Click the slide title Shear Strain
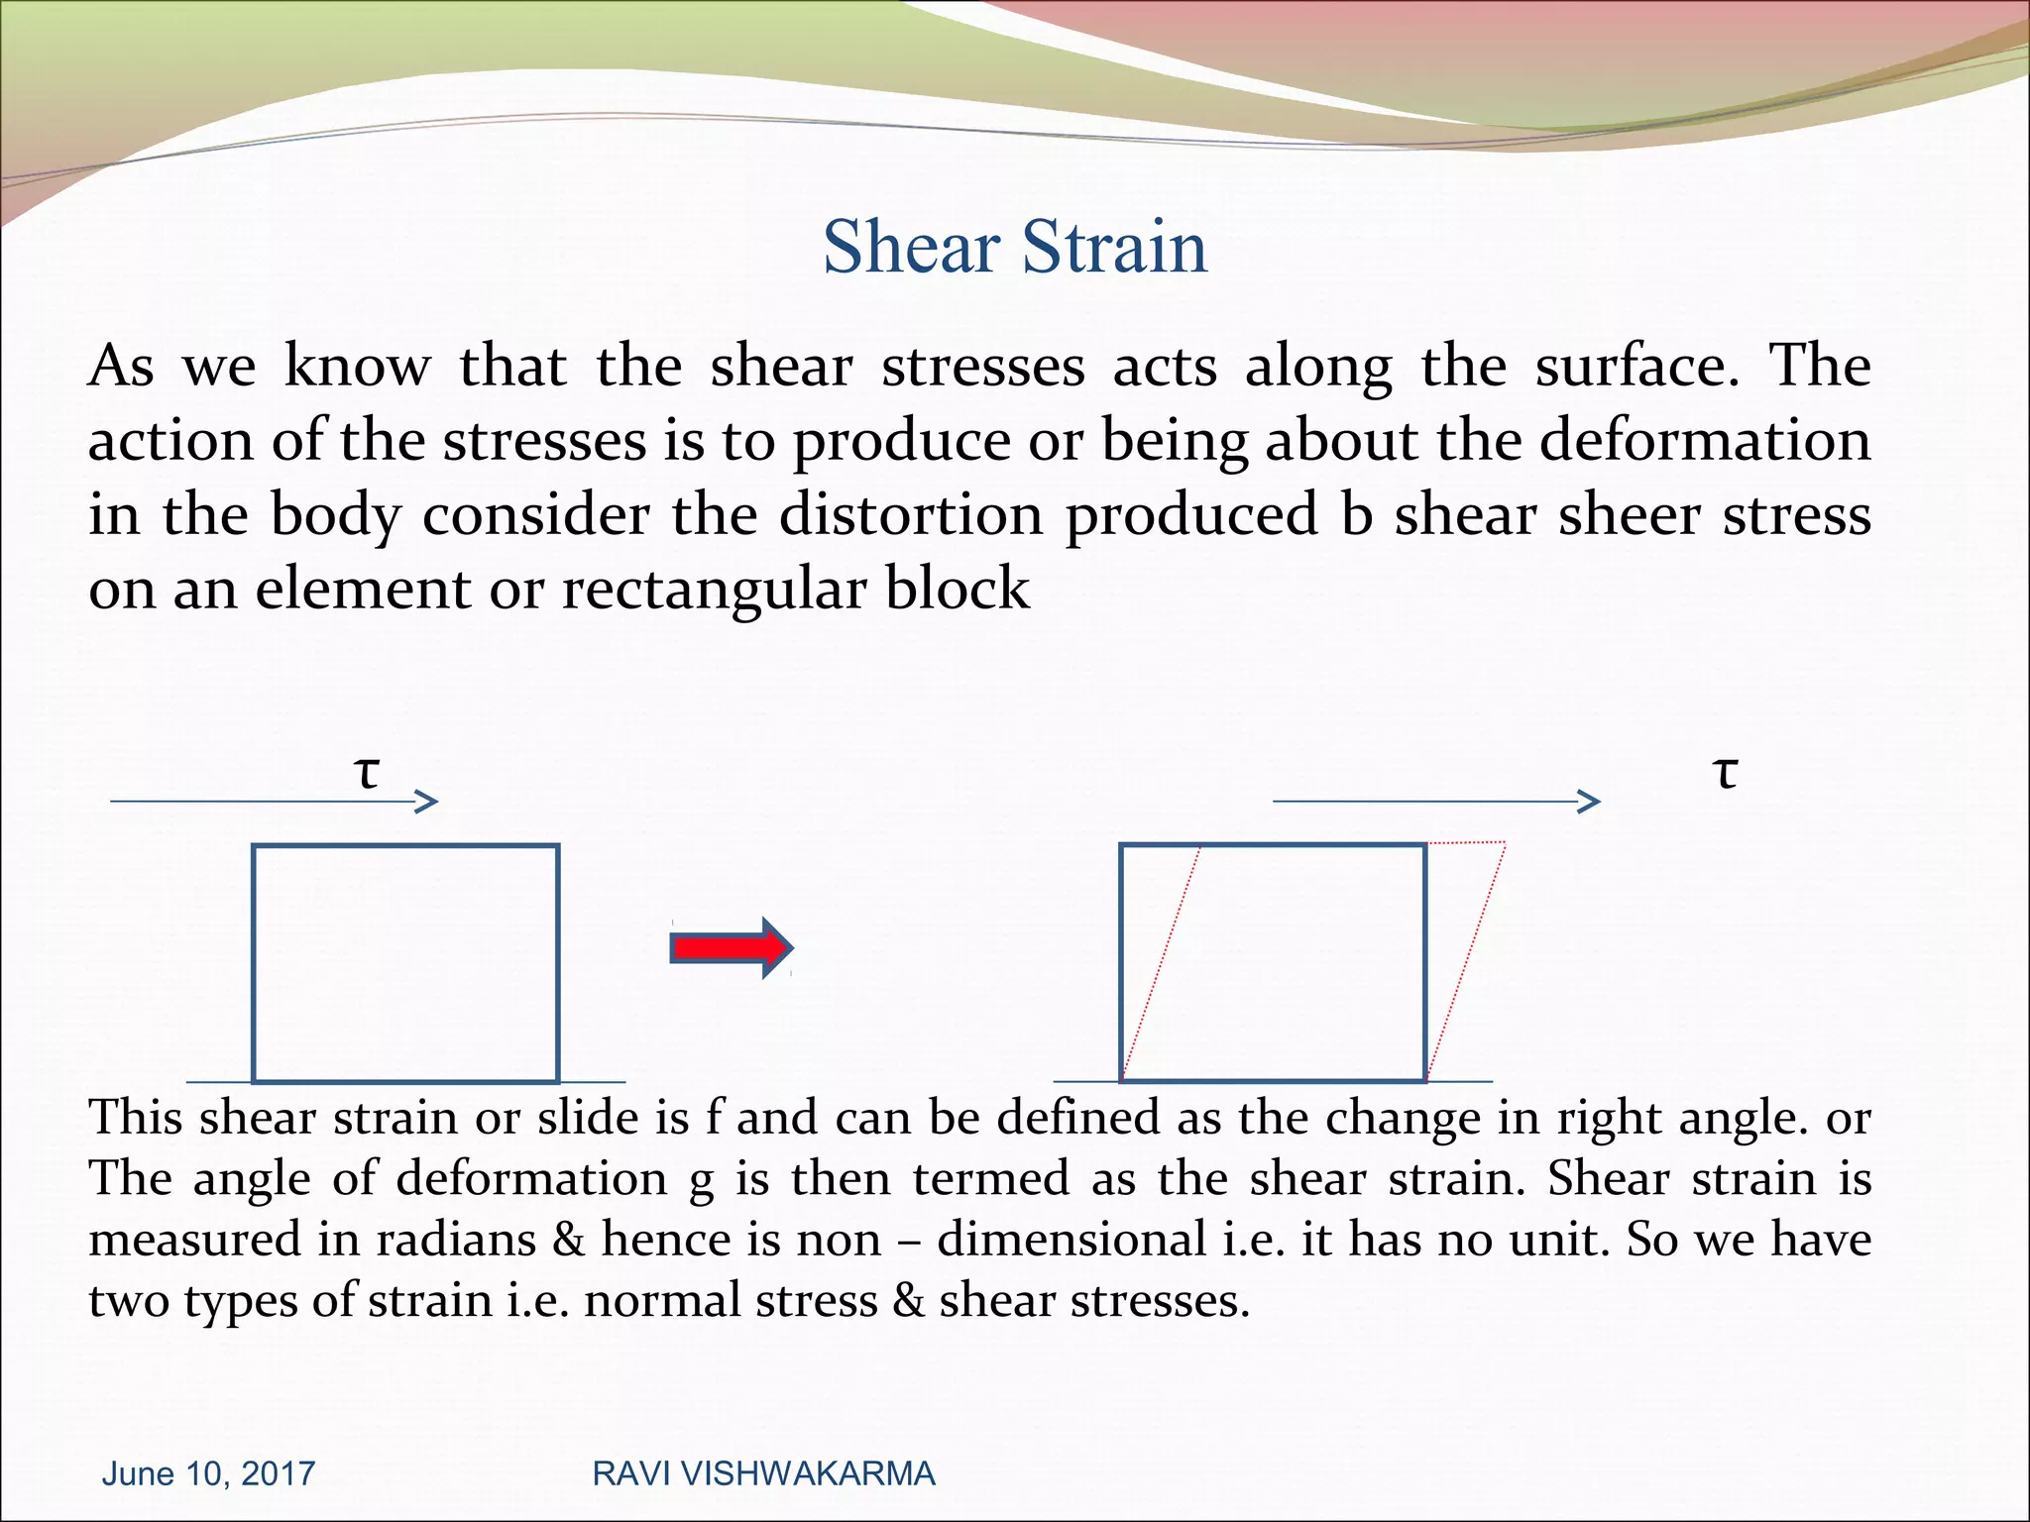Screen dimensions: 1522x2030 1015,247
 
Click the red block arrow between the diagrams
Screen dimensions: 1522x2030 731,948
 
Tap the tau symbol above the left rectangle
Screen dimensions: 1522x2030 368,772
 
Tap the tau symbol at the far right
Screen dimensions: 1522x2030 1726,772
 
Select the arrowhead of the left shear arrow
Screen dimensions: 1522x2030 428,801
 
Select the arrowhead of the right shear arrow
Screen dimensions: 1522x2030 1590,801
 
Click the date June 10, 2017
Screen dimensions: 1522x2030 208,1473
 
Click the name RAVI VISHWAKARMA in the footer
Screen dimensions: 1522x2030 763,1473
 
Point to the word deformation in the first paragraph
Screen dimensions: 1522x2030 1704,440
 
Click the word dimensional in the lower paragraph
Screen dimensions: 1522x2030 1071,1240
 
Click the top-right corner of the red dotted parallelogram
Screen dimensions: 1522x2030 1505,843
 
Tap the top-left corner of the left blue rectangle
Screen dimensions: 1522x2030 254,846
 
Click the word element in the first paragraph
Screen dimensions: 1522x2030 363,589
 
